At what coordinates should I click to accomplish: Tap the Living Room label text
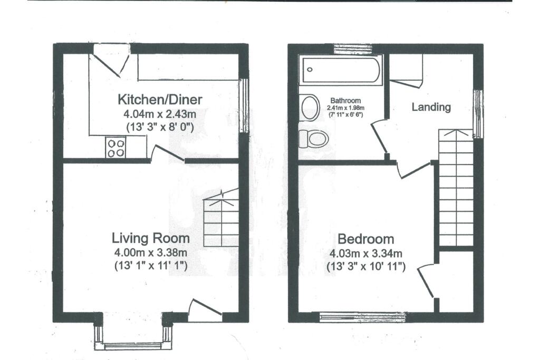(x=150, y=238)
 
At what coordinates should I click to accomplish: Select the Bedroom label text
(x=366, y=238)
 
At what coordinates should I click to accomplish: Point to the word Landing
(x=431, y=107)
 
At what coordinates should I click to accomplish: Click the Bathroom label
(x=345, y=101)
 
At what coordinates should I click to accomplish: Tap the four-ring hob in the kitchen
(x=116, y=147)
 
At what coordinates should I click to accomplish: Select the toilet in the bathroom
(x=314, y=139)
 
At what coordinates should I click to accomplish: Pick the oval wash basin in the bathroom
(x=310, y=108)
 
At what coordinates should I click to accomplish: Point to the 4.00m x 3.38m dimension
(x=150, y=252)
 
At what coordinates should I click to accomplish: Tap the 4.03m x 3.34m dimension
(x=366, y=253)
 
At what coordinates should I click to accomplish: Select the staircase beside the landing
(x=456, y=187)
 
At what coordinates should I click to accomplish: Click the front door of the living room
(x=204, y=310)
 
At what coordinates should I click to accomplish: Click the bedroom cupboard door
(x=428, y=282)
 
